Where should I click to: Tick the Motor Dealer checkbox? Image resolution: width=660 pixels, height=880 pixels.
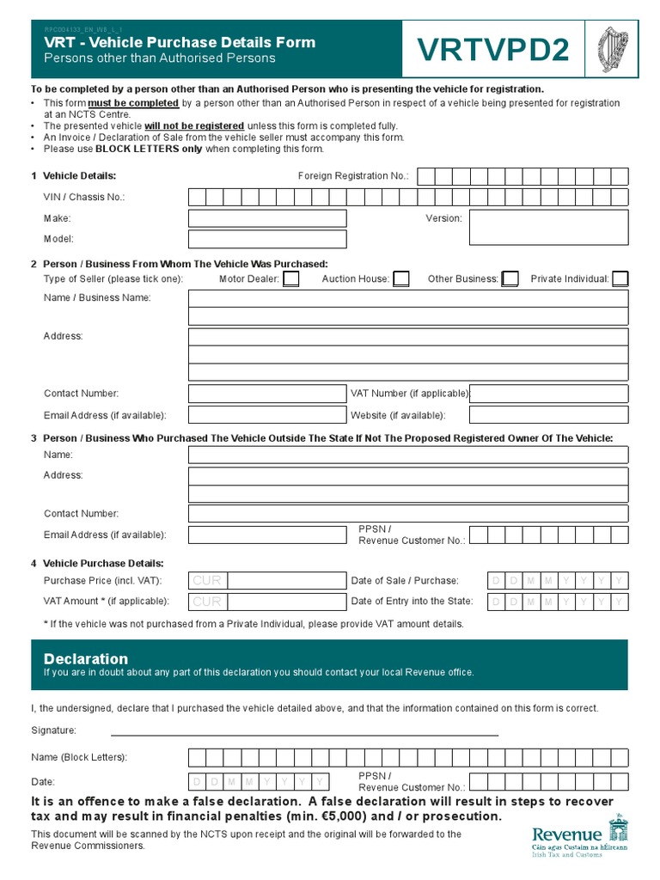(x=291, y=278)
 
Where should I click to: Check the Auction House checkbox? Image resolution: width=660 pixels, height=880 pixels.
(x=400, y=278)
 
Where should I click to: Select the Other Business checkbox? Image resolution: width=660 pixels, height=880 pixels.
(x=510, y=278)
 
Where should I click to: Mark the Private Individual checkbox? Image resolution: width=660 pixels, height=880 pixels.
(x=620, y=278)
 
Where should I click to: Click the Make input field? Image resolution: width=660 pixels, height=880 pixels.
(x=267, y=218)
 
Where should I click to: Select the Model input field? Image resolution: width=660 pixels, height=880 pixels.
(x=267, y=239)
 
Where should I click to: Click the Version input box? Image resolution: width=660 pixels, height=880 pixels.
(x=548, y=228)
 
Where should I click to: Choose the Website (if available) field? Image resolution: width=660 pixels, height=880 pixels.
(x=548, y=414)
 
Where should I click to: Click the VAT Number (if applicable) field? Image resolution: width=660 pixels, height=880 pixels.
(x=548, y=394)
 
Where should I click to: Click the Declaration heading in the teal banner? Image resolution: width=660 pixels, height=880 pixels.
(x=86, y=659)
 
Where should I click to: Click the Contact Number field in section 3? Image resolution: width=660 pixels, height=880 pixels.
(x=408, y=514)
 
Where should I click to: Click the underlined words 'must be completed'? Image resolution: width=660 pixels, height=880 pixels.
(x=133, y=102)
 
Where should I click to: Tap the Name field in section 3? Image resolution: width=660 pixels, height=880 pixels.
(x=408, y=455)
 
